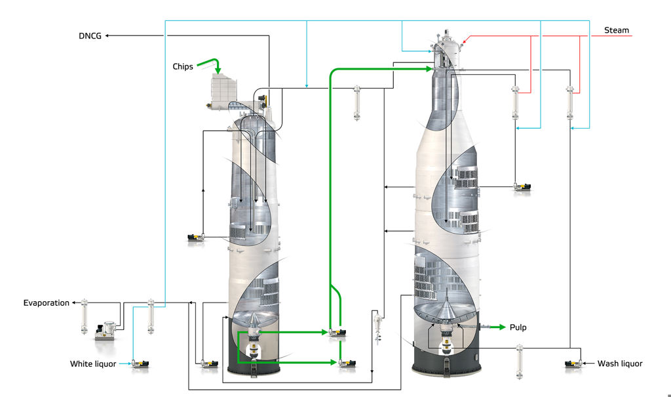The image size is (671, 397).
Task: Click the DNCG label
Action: coord(90,36)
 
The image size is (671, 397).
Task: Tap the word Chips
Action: coord(183,66)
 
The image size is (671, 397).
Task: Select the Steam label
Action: coord(616,30)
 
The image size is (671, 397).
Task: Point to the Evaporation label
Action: coord(47,303)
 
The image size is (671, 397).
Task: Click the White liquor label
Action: coord(93,364)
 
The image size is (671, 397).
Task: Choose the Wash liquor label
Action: coord(620,364)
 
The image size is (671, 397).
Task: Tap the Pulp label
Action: coord(518,327)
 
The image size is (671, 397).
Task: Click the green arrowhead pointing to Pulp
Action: coord(502,327)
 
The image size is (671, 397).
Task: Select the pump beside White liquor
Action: coord(140,364)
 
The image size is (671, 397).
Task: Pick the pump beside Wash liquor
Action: coord(574,364)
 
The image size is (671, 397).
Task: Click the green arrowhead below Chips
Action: coord(218,70)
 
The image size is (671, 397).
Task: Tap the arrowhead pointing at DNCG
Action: coord(107,35)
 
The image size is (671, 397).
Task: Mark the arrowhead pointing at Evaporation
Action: coord(73,303)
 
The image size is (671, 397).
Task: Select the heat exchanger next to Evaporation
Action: coord(85,316)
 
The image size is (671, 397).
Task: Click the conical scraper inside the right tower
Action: coord(446,308)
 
